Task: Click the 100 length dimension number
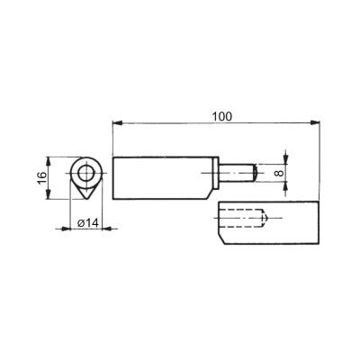coord(222,116)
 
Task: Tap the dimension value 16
coord(42,178)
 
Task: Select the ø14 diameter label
coord(87,223)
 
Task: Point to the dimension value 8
coord(279,173)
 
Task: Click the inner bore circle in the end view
coord(86,173)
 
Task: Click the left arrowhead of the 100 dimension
coord(117,122)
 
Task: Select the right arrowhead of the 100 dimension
coord(314,122)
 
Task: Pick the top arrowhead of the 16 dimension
coord(48,162)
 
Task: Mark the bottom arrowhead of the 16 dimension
coord(48,194)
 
